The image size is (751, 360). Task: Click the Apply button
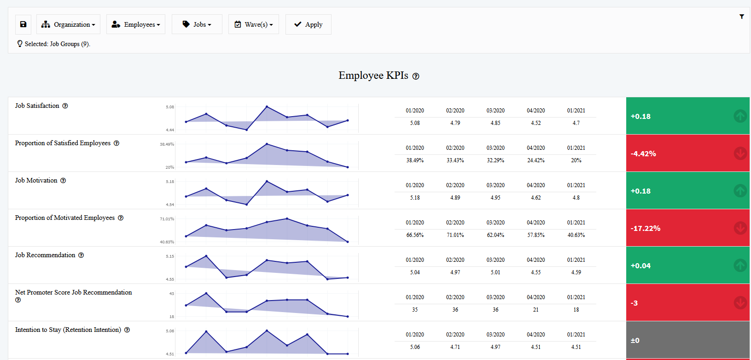[308, 24]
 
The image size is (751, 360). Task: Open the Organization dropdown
[68, 24]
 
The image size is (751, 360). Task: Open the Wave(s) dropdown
[253, 24]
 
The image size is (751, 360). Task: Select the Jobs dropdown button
[197, 24]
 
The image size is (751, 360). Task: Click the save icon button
[23, 24]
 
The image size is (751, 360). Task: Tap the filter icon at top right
[741, 17]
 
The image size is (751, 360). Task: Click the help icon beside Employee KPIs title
[416, 77]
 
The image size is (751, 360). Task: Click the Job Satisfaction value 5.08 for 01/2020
[415, 123]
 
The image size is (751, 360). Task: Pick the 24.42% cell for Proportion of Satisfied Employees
[536, 160]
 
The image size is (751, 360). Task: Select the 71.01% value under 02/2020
[455, 235]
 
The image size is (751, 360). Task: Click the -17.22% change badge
[646, 229]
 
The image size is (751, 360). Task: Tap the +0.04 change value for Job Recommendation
[640, 266]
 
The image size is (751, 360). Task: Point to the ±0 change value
[635, 341]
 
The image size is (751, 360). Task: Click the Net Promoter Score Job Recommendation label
[73, 292]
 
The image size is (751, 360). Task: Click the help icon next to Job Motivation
[63, 181]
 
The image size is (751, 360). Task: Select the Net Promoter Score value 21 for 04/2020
[536, 310]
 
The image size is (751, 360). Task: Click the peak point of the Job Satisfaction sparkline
[267, 107]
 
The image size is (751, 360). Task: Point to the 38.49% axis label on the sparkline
[167, 144]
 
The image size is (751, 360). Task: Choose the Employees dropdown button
[135, 24]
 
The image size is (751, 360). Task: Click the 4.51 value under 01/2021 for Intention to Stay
[576, 347]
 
